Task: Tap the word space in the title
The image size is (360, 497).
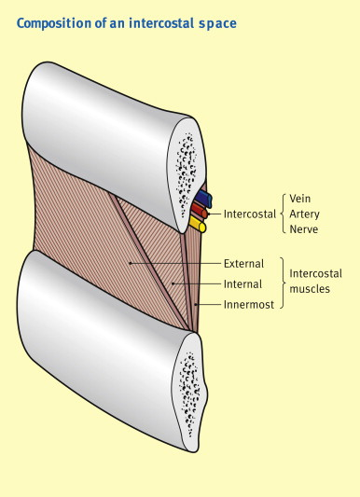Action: [x=217, y=21]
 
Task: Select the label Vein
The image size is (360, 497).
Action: [x=300, y=199]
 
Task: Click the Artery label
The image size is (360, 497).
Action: [x=305, y=214]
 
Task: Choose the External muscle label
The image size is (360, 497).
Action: [x=244, y=264]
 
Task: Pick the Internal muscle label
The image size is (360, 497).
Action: [x=243, y=283]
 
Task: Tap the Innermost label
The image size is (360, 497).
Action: [x=249, y=304]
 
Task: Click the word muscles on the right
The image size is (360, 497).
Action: [x=310, y=290]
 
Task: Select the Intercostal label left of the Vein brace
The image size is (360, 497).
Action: [x=249, y=214]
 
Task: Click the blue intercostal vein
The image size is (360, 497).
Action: [x=204, y=199]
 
